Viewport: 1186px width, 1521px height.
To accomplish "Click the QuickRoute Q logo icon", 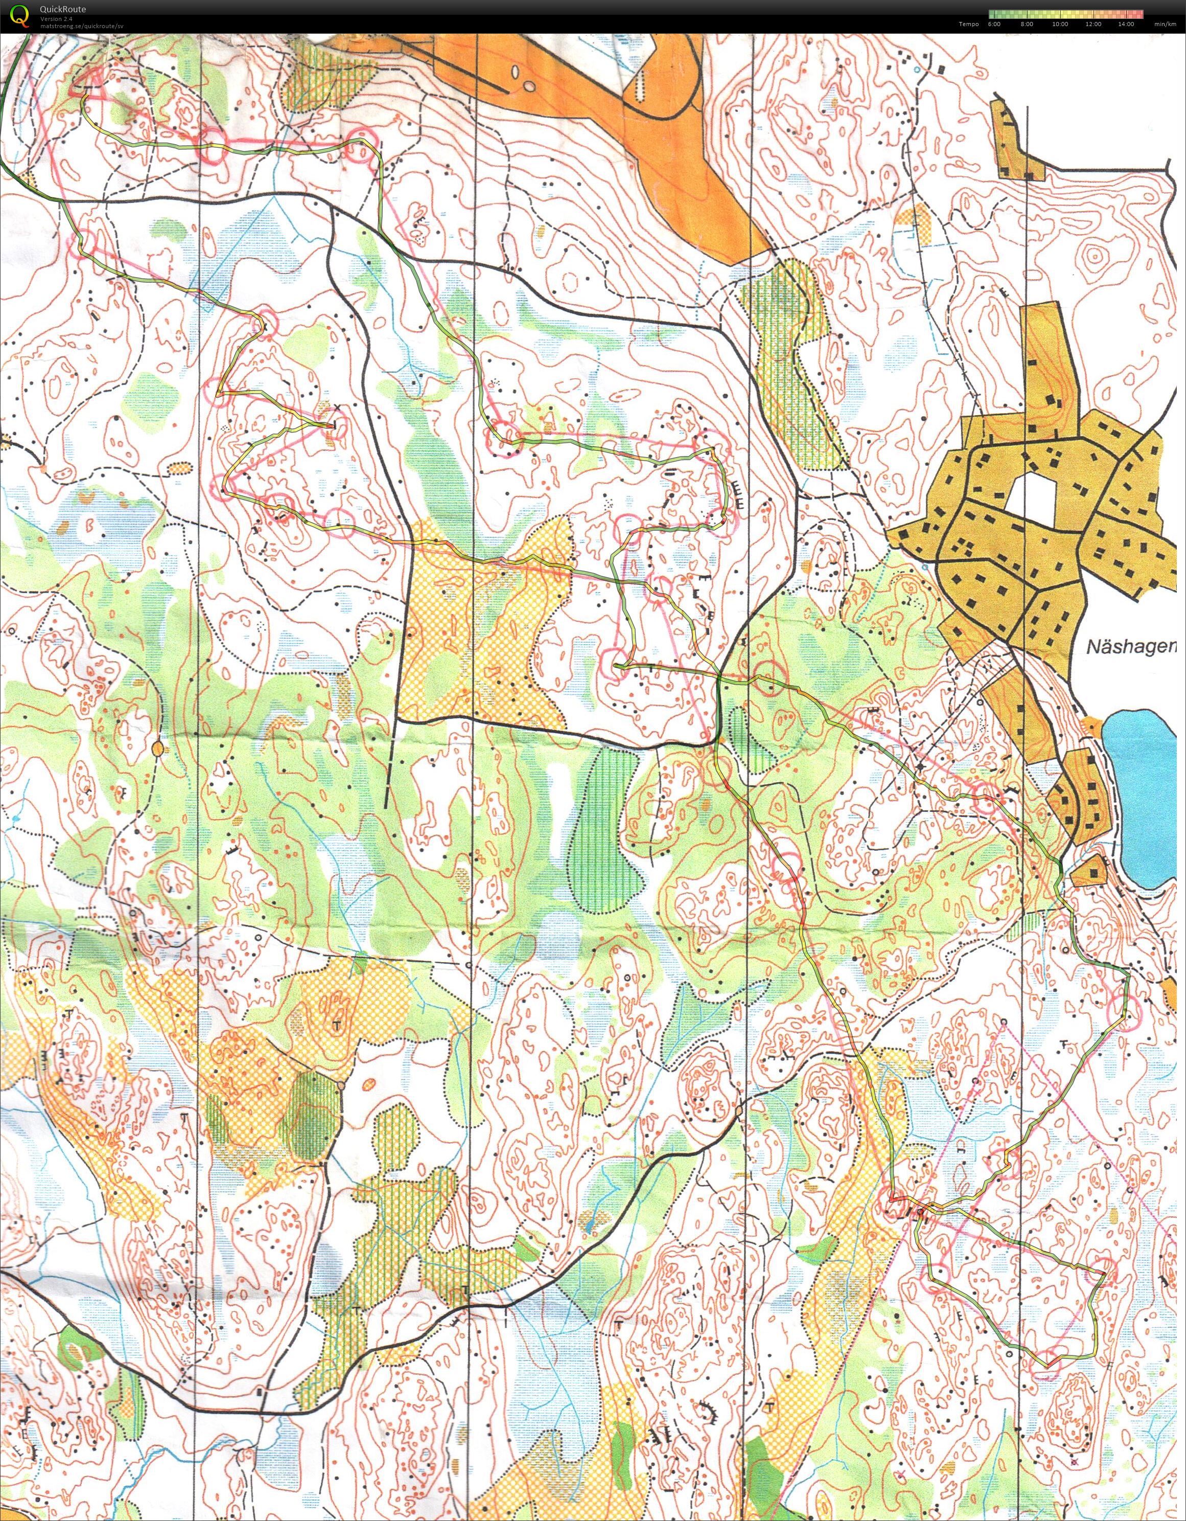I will coord(21,15).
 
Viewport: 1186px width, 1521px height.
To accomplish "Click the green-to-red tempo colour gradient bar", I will coord(1065,14).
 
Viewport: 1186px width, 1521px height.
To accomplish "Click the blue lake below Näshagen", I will coord(1145,794).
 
